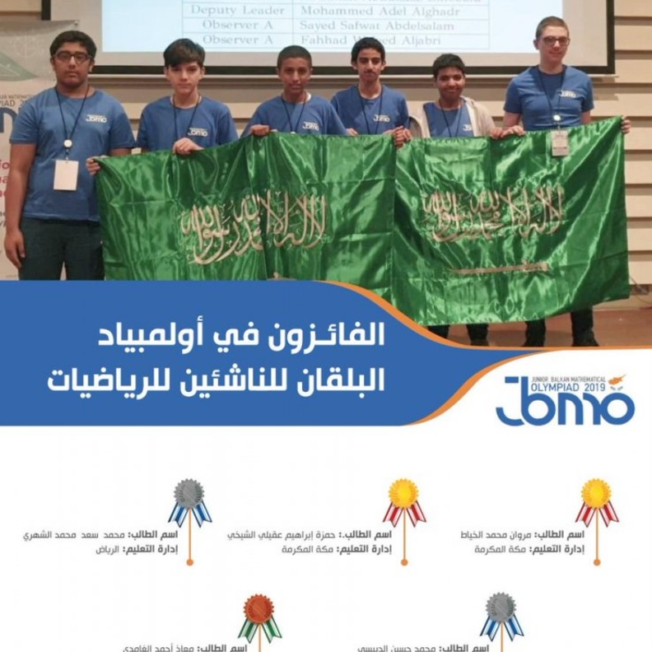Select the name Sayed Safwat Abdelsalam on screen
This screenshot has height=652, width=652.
point(376,26)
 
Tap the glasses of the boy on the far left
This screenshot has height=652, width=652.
point(72,56)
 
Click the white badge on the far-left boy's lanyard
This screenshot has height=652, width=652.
point(66,174)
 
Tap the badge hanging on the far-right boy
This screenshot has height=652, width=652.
point(560,142)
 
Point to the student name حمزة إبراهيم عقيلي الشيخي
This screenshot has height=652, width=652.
point(282,534)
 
